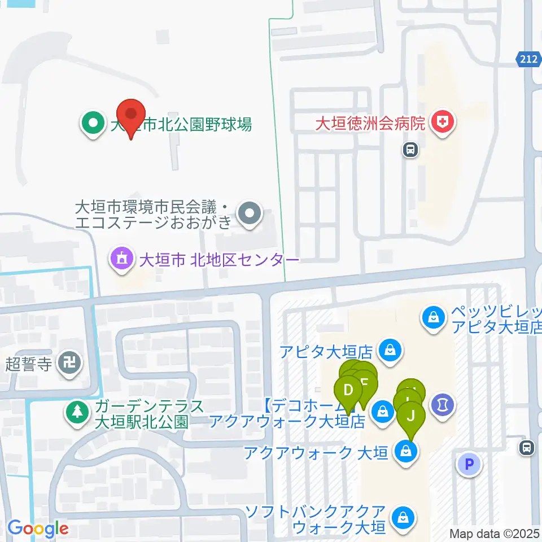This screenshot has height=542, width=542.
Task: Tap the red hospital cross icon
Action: pos(442,123)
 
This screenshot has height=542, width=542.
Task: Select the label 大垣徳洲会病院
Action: pos(370,124)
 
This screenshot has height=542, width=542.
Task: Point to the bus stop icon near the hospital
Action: pos(410,150)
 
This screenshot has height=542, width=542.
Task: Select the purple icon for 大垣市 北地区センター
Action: pos(121,260)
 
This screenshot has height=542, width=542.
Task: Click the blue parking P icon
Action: pos(469,464)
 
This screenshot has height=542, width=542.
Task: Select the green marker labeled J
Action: pos(411,416)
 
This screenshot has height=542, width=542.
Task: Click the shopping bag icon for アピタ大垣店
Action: pos(390,351)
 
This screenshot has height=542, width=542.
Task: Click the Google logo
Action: pos(38,529)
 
